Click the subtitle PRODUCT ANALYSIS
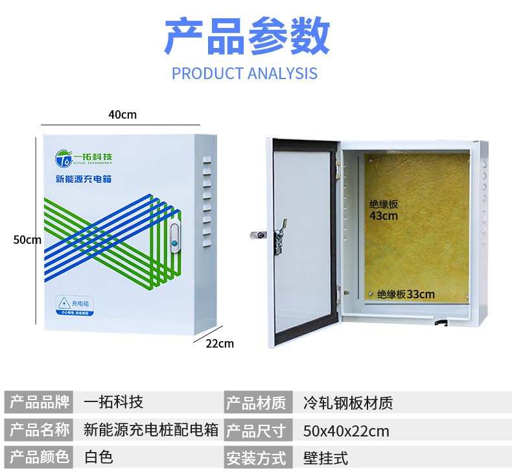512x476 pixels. (x=244, y=73)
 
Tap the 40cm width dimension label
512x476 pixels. (x=122, y=115)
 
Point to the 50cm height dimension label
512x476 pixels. (x=27, y=239)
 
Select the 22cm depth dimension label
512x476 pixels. (x=220, y=343)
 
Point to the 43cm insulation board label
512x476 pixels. (x=384, y=210)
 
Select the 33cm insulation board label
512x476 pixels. (x=406, y=294)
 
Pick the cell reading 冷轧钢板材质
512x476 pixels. (x=347, y=403)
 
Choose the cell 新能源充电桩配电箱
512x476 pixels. (x=151, y=430)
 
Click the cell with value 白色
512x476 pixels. (x=99, y=457)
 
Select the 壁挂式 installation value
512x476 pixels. (x=325, y=458)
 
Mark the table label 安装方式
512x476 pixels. (x=255, y=458)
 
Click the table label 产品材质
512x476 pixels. (x=255, y=403)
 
